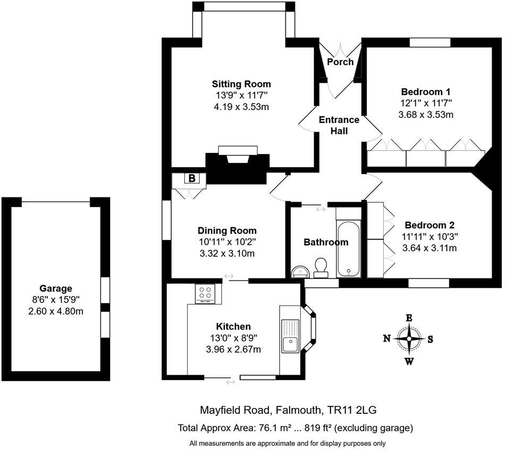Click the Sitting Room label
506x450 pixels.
(241, 84)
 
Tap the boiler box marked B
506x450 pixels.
(191, 178)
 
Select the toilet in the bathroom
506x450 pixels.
(321, 267)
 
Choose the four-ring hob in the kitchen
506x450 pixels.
(206, 293)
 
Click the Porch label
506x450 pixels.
(340, 62)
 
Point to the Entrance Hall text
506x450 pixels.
(339, 125)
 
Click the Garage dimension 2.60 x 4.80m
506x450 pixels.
(55, 311)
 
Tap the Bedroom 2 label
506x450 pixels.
(430, 224)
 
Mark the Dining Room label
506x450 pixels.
(227, 230)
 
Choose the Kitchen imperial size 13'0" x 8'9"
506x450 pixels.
(233, 337)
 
